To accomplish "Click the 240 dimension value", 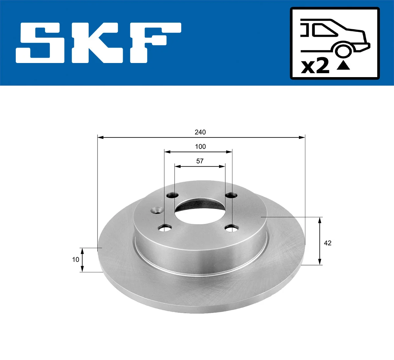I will click(x=200, y=132).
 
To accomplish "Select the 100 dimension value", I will click(x=200, y=147).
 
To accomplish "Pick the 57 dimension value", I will click(x=200, y=161).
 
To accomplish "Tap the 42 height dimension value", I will click(x=327, y=243).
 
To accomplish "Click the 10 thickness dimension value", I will click(x=76, y=260).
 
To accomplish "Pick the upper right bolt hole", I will click(x=231, y=196).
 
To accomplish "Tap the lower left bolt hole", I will click(x=165, y=227).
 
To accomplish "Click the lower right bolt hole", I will click(x=231, y=227).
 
